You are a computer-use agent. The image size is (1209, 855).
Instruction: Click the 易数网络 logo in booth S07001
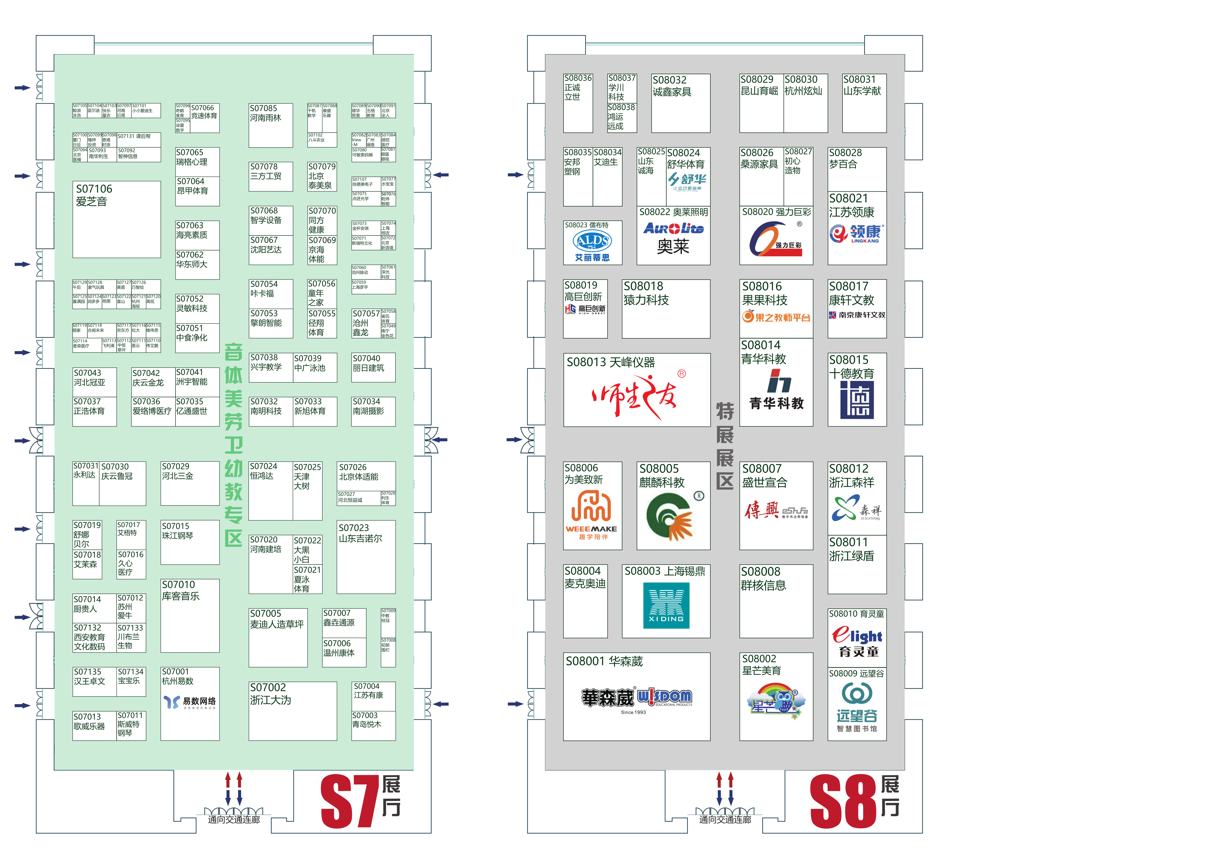click(x=189, y=702)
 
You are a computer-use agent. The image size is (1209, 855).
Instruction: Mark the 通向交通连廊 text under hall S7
click(x=234, y=820)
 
